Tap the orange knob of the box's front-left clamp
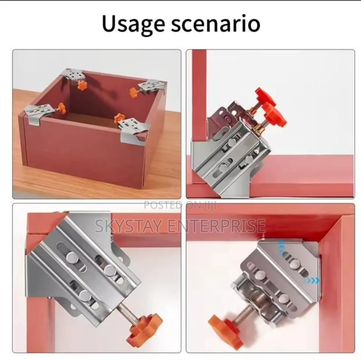click(59, 108)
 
